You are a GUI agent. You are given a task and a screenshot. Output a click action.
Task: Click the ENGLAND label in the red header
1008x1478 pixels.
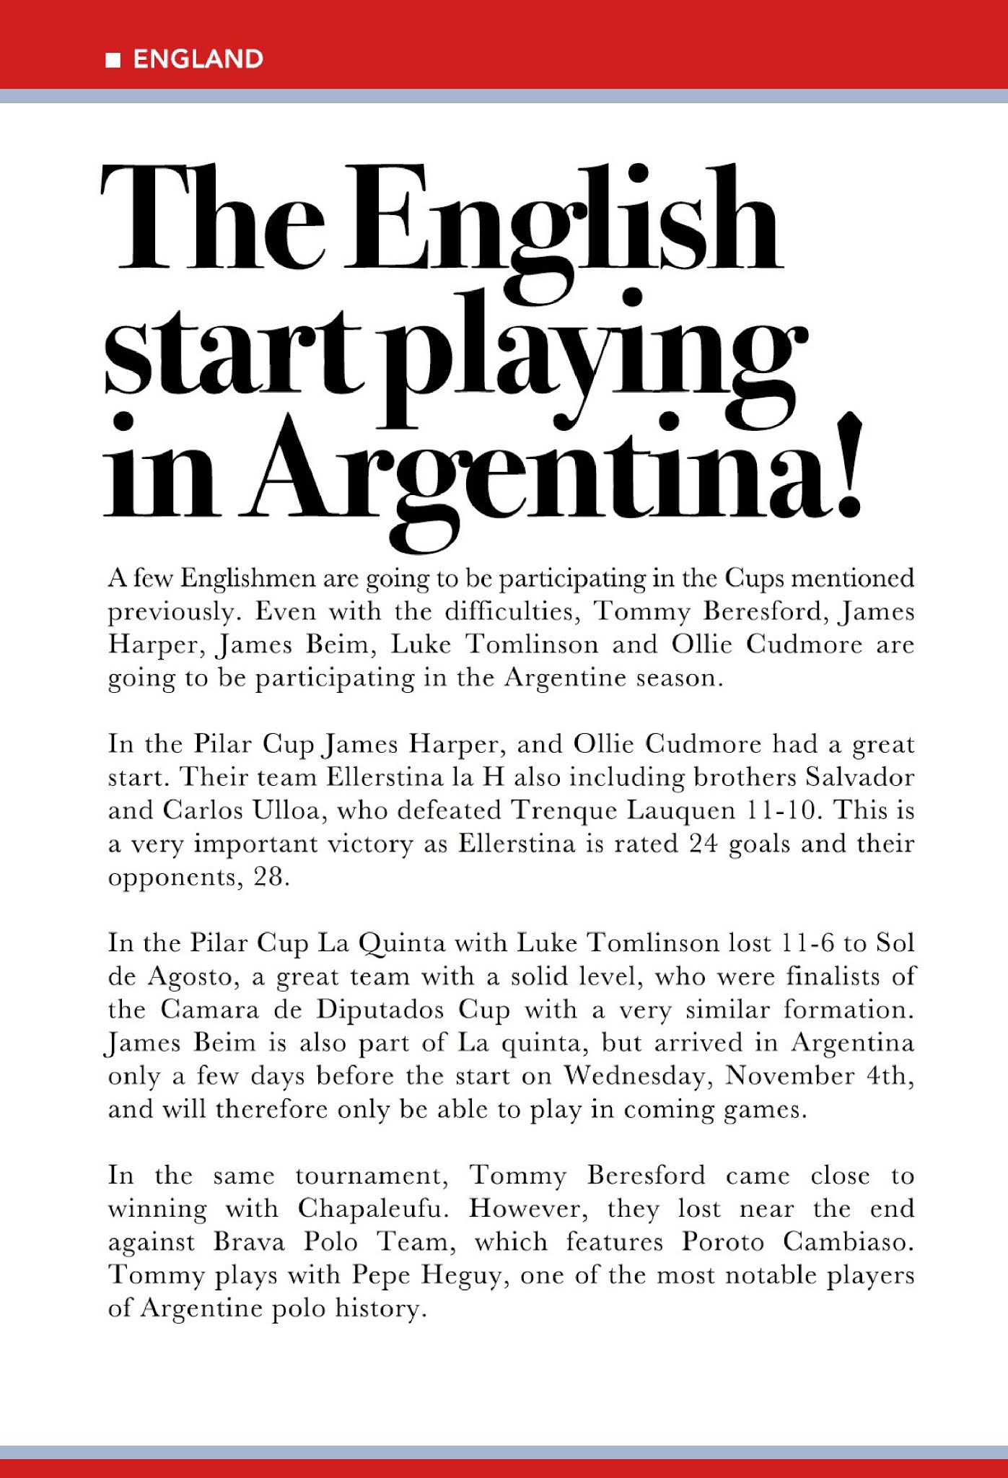click(x=198, y=59)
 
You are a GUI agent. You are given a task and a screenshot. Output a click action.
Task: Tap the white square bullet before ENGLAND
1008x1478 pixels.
click(x=113, y=60)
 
